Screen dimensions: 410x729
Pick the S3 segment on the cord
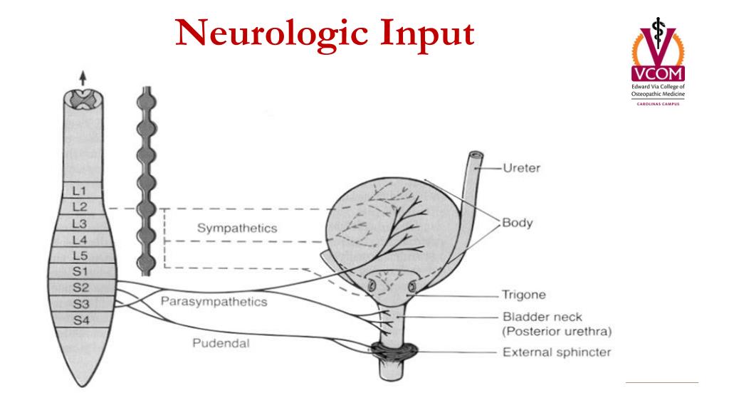pyautogui.click(x=80, y=304)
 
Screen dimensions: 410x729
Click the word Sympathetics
pyautogui.click(x=236, y=228)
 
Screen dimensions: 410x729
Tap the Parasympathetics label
pyautogui.click(x=214, y=302)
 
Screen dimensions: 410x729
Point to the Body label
pyautogui.click(x=517, y=223)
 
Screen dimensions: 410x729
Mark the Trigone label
pyautogui.click(x=523, y=294)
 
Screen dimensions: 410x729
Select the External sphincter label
pyautogui.click(x=557, y=352)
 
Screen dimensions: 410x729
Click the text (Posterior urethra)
pyautogui.click(x=557, y=332)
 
